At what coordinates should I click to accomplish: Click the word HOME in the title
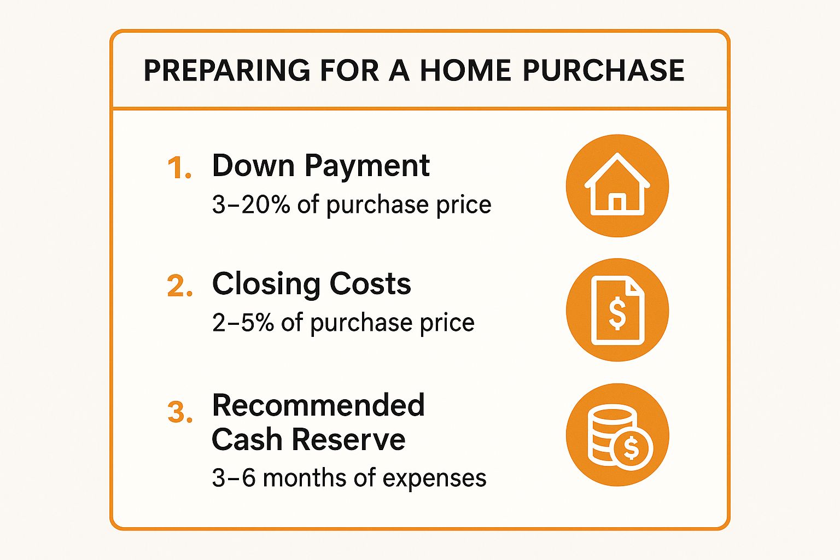465,70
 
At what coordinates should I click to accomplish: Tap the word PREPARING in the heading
227,70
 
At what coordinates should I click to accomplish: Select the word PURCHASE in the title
603,70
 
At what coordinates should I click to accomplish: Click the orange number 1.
179,167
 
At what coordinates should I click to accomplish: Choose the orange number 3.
179,412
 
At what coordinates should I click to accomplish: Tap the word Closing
266,285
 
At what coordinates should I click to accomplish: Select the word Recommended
318,405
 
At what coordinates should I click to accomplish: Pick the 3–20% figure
251,205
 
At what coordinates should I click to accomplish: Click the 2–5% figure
243,323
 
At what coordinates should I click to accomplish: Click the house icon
617,184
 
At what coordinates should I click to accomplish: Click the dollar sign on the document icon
617,313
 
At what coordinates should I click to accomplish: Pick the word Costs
370,284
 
